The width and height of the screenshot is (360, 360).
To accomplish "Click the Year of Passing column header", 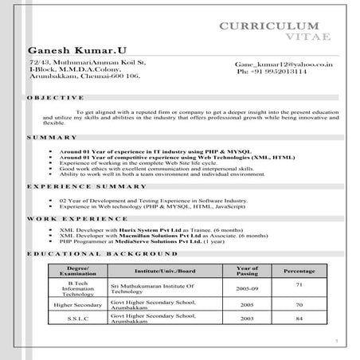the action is point(248,271).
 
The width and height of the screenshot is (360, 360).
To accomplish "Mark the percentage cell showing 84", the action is point(299,319).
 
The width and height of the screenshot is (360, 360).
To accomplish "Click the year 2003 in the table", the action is point(248,319).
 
